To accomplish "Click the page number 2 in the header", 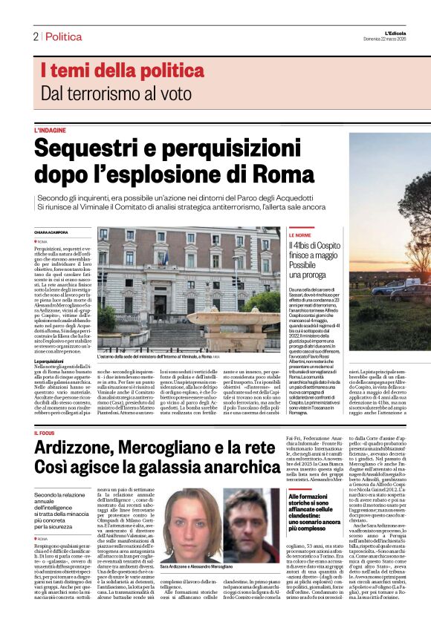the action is point(35,36).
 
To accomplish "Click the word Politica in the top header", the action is point(63,36).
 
